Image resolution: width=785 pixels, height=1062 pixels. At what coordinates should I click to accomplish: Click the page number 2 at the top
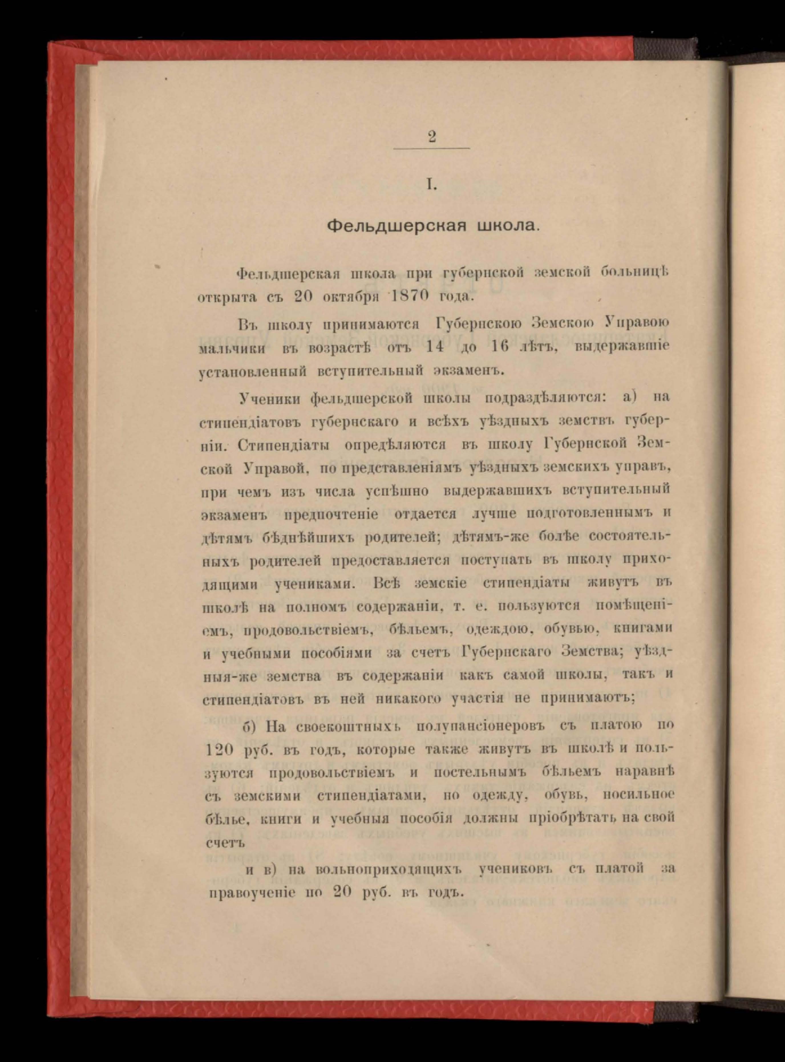click(432, 137)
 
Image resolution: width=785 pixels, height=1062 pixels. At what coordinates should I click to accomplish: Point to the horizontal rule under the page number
click(432, 149)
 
